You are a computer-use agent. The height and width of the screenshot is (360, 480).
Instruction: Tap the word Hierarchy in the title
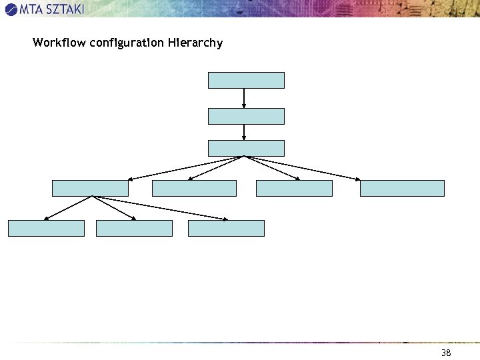pyautogui.click(x=196, y=43)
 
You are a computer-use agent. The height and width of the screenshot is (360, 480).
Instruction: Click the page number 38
pyautogui.click(x=446, y=352)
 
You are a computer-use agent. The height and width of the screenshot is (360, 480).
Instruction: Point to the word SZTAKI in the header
pyautogui.click(x=62, y=9)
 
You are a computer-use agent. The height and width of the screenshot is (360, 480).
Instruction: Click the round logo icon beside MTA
pyautogui.click(x=11, y=9)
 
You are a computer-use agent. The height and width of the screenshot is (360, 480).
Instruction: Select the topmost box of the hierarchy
pyautogui.click(x=246, y=80)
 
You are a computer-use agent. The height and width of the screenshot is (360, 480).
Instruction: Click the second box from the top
pyautogui.click(x=246, y=116)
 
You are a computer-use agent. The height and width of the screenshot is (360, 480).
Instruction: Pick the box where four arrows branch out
pyautogui.click(x=246, y=148)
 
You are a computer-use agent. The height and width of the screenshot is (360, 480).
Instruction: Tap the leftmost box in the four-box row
pyautogui.click(x=90, y=188)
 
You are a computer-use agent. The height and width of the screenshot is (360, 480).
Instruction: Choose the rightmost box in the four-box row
pyautogui.click(x=402, y=188)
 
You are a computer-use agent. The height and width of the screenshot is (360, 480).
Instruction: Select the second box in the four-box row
pyautogui.click(x=194, y=188)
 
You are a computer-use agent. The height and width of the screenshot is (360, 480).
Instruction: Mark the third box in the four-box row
pyautogui.click(x=294, y=188)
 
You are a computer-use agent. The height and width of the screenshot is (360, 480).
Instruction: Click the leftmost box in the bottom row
pyautogui.click(x=46, y=228)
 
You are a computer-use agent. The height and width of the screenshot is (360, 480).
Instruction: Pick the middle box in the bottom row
pyautogui.click(x=134, y=228)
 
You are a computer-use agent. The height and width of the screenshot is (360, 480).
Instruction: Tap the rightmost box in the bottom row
pyautogui.click(x=226, y=228)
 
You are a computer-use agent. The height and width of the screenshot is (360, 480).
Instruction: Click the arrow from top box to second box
pyautogui.click(x=245, y=98)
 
